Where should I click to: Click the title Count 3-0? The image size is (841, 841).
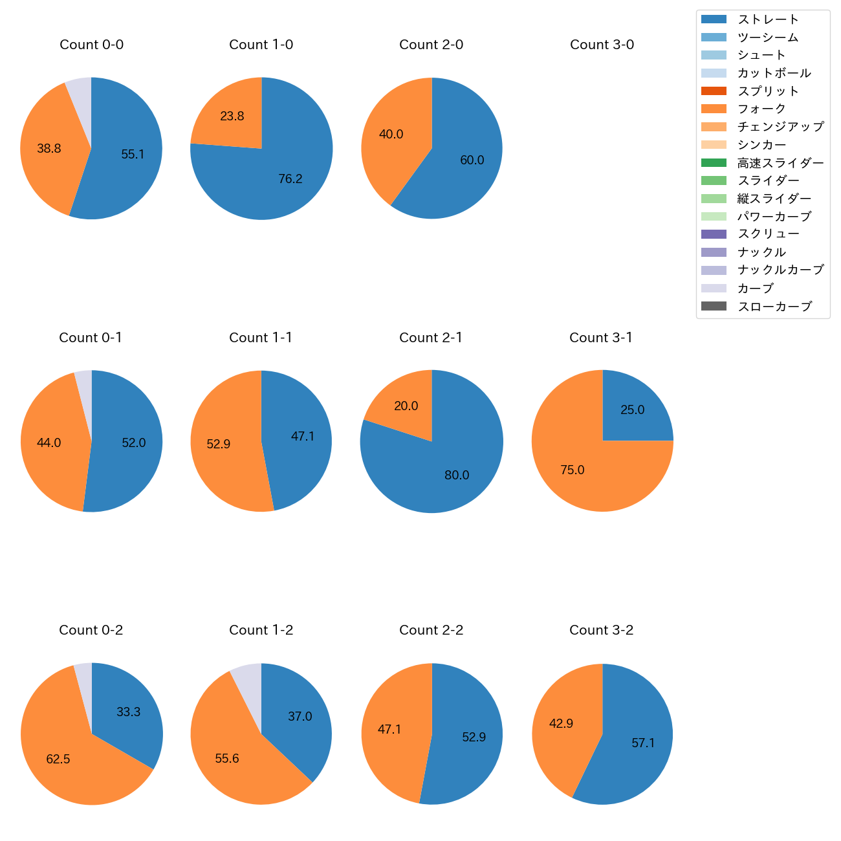602,45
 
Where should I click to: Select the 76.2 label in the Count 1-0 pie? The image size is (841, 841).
290,179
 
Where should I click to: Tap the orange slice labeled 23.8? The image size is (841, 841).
230,116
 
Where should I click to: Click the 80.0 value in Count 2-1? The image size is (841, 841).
457,475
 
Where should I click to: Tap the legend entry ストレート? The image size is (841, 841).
768,19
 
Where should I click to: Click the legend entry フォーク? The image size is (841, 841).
761,109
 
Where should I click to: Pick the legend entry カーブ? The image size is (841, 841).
756,289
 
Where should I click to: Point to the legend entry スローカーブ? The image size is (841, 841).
774,307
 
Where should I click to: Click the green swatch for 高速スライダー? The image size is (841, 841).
714,163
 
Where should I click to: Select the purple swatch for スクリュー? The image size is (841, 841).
714,234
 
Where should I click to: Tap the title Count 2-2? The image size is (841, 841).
431,630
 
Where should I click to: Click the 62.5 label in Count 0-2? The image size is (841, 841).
58,759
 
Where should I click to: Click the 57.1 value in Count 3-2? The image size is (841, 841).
643,743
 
